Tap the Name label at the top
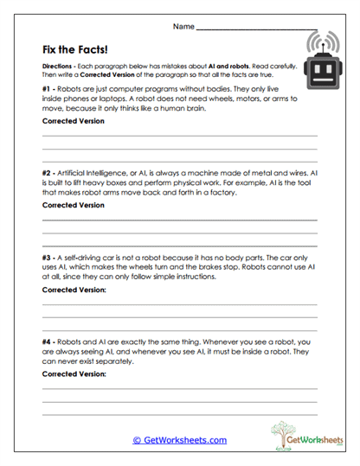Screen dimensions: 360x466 point(183,28)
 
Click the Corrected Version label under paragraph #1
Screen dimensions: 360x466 point(73,121)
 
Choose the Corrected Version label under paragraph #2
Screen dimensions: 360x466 point(73,206)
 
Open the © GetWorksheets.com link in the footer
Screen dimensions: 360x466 point(179,440)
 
